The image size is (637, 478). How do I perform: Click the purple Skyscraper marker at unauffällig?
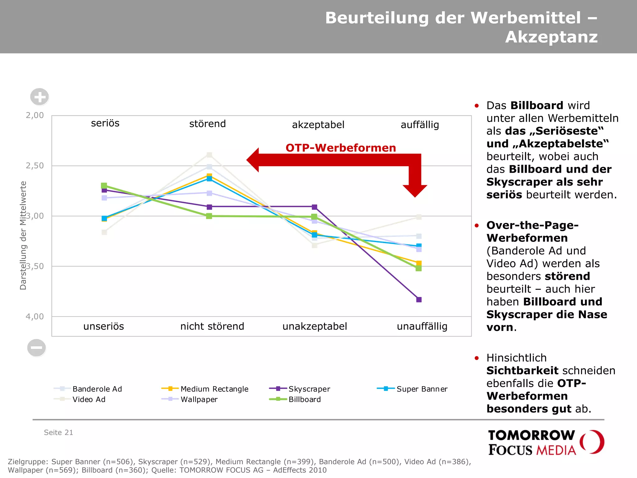pyautogui.click(x=419, y=300)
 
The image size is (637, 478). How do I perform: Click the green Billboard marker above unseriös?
pyautogui.click(x=104, y=186)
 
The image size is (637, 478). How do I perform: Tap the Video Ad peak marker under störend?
pyautogui.click(x=209, y=155)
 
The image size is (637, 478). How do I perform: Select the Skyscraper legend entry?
pyautogui.click(x=300, y=389)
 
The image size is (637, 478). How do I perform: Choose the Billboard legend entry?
pyautogui.click(x=295, y=399)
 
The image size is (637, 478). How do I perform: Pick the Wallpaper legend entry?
pyautogui.click(x=190, y=399)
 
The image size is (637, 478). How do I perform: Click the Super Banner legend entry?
pyautogui.click(x=412, y=389)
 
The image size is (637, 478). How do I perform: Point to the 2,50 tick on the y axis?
pyautogui.click(x=35, y=166)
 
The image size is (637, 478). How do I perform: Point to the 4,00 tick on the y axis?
pyautogui.click(x=35, y=316)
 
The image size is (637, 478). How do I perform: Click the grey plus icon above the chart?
pyautogui.click(x=40, y=97)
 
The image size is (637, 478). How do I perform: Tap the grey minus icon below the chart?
pyautogui.click(x=36, y=348)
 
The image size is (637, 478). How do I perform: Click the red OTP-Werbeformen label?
pyautogui.click(x=341, y=148)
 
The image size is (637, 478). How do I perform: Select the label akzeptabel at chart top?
pyautogui.click(x=318, y=125)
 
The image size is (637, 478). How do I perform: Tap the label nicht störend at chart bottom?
pyautogui.click(x=212, y=326)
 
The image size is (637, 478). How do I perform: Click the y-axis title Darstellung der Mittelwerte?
pyautogui.click(x=23, y=235)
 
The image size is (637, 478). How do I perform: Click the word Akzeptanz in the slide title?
pyautogui.click(x=551, y=37)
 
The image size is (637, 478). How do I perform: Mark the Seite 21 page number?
pyautogui.click(x=58, y=433)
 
